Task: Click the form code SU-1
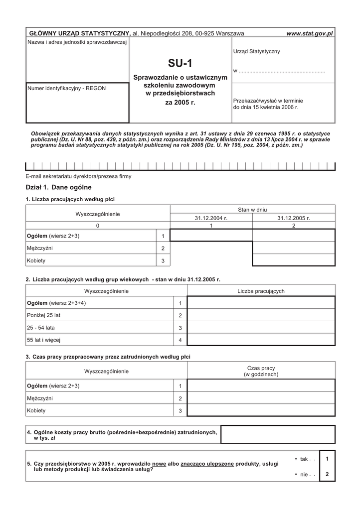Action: [x=180, y=63]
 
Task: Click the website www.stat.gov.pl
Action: [x=309, y=33]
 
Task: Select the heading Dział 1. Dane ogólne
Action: [x=58, y=187]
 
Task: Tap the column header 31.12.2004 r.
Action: [x=211, y=218]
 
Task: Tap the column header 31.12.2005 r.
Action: [x=294, y=218]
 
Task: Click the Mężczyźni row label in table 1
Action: [x=39, y=248]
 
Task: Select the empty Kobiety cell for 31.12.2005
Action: [x=294, y=260]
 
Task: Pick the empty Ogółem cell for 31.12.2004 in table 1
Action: [x=211, y=235]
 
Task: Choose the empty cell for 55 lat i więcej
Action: [x=261, y=340]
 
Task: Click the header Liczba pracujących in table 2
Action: [x=261, y=291]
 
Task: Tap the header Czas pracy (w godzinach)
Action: [x=261, y=371]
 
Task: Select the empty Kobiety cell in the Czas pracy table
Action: [x=261, y=410]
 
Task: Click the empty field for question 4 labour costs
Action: [x=278, y=434]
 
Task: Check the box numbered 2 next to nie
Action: [x=327, y=474]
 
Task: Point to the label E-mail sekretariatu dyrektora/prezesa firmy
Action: [x=78, y=177]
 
